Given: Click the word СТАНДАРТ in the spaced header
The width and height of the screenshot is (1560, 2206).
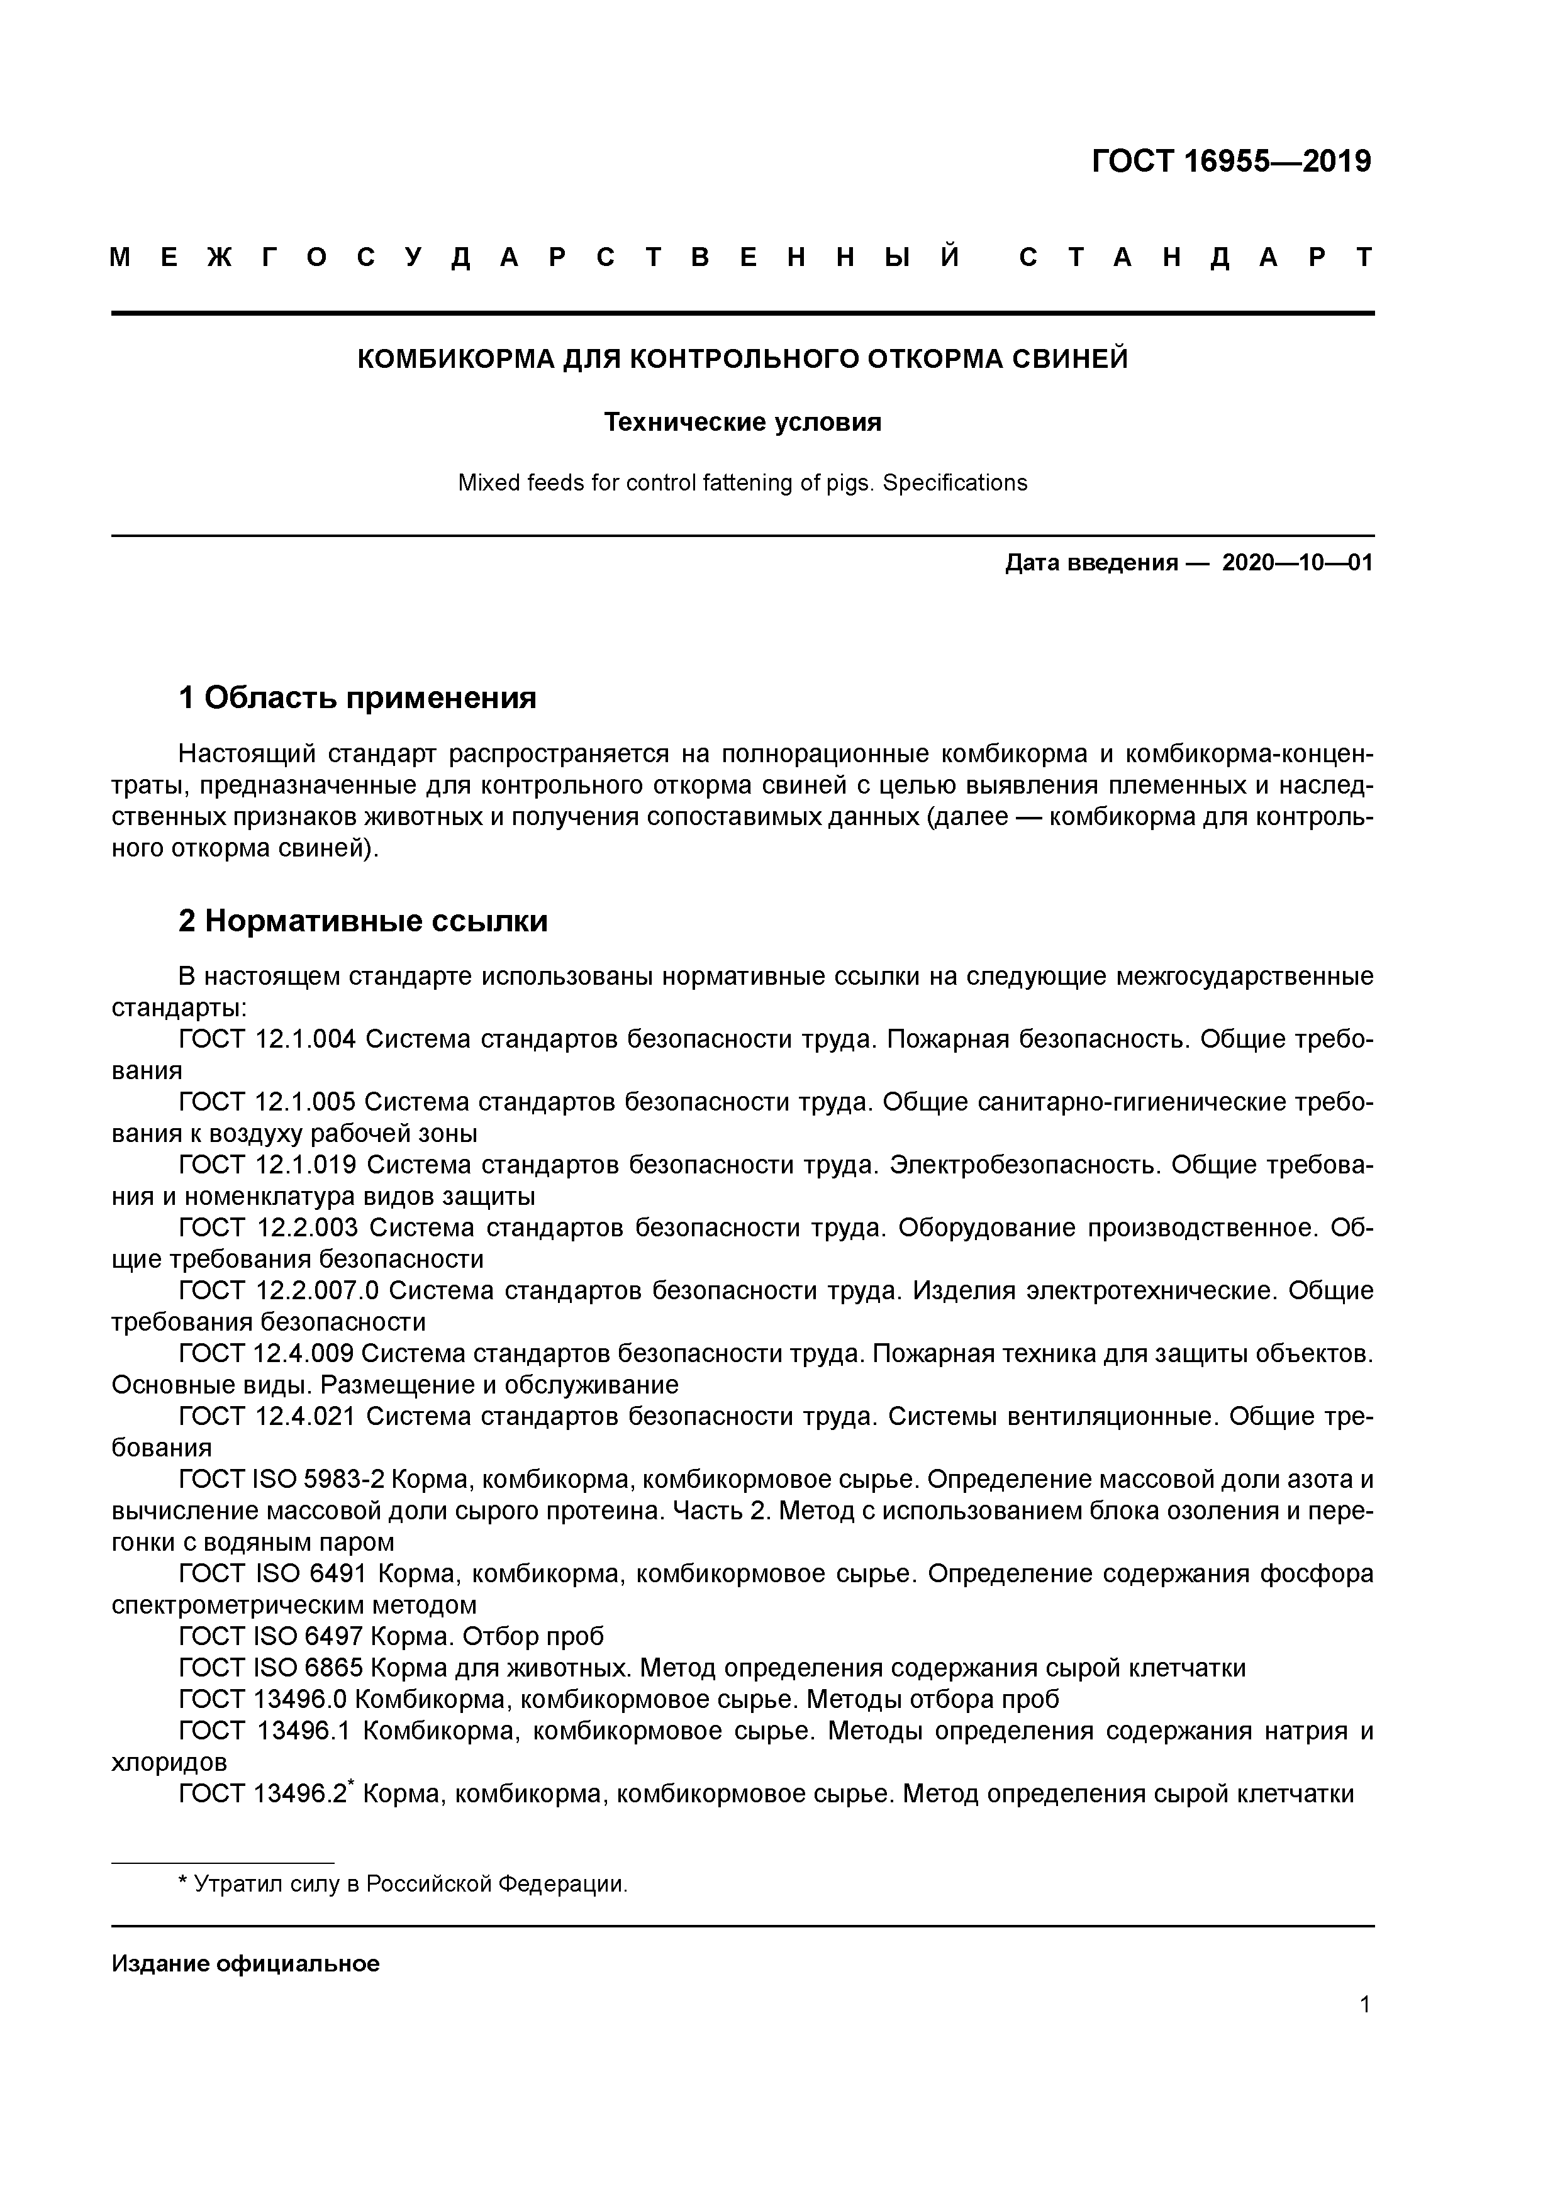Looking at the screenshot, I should pyautogui.click(x=1196, y=257).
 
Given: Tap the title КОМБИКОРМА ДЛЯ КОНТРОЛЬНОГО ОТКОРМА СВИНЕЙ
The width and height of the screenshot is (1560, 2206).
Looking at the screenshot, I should pyautogui.click(x=742, y=359).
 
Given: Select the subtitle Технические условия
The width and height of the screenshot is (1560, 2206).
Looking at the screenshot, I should pyautogui.click(x=742, y=423).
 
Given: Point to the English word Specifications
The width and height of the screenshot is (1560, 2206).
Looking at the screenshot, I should pyautogui.click(x=954, y=484).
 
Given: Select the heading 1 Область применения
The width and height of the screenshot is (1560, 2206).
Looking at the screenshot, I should pyautogui.click(x=357, y=697).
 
